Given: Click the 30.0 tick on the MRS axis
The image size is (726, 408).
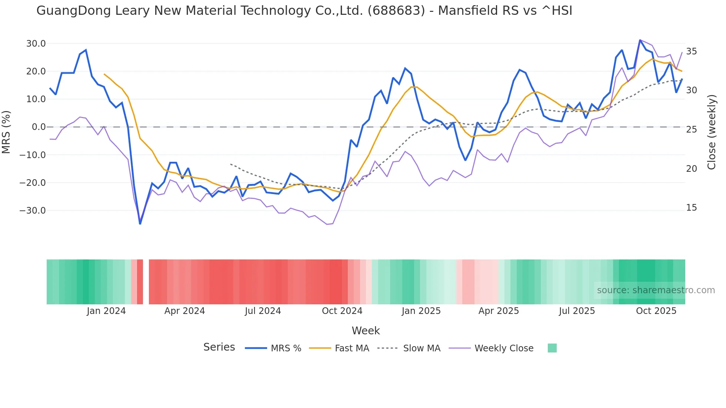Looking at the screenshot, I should tap(36, 44).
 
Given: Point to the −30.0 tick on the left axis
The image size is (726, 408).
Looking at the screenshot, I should tap(33, 211).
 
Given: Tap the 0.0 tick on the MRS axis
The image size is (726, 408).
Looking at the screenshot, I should tap(39, 127).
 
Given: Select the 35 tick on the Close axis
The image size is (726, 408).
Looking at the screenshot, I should tap(691, 51).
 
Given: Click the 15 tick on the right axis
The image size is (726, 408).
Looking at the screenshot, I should tap(691, 208).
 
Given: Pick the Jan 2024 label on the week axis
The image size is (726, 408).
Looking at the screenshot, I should tap(106, 311).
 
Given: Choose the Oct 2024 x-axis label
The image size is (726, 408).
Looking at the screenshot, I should tap(342, 311).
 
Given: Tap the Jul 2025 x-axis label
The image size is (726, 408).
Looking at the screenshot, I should tap(577, 311).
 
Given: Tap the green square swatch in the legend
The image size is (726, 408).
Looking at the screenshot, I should tap(552, 348).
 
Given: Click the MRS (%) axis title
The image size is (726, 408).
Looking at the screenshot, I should tap(6, 132).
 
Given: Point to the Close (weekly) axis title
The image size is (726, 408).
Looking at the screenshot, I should tap(711, 132).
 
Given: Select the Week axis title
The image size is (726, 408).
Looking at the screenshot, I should tap(366, 331).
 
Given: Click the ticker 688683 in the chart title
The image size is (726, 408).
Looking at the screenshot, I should tap(396, 11).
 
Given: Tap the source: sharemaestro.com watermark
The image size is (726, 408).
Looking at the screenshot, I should tap(656, 290).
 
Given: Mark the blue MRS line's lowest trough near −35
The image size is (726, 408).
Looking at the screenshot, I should tap(140, 224).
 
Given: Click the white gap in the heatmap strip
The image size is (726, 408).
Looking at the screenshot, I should tap(146, 282).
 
